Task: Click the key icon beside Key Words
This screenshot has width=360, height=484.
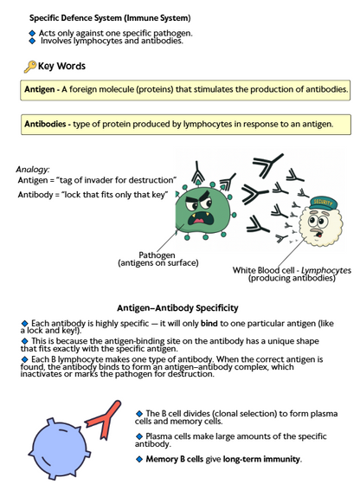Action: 29,66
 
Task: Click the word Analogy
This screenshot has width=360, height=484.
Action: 34,169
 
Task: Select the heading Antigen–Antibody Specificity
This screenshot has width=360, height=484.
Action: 177,308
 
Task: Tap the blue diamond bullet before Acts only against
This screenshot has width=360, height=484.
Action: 32,33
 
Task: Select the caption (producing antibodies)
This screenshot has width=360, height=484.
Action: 291,278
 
